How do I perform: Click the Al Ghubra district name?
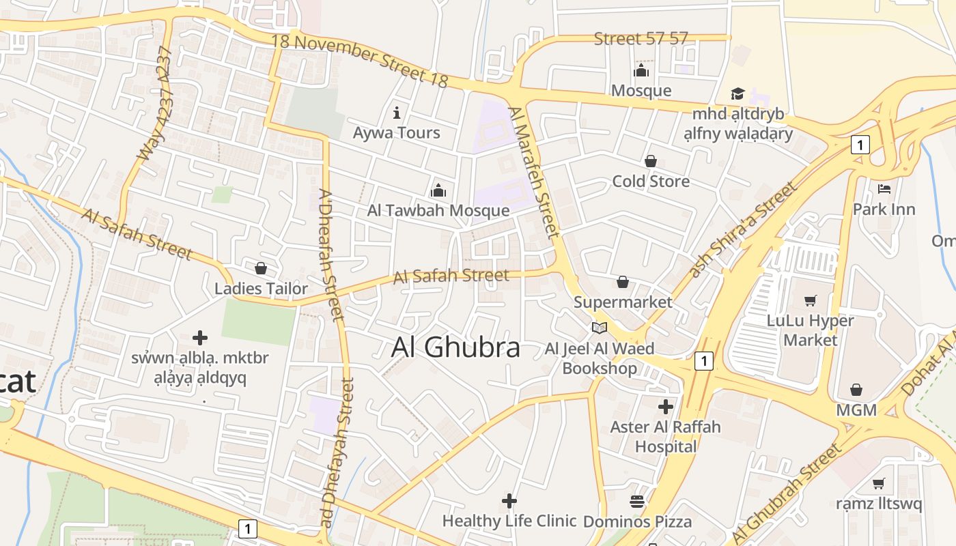455,347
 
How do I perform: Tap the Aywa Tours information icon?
397,113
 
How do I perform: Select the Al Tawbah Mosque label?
438,210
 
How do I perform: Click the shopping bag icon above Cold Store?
651,162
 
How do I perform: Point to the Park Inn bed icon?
884,189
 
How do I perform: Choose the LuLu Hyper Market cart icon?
811,300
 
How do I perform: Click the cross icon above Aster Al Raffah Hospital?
666,407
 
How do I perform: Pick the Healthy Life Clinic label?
509,521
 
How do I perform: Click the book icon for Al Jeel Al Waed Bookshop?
600,328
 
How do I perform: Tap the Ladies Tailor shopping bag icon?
261,269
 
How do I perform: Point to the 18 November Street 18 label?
360,60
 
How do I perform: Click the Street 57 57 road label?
641,39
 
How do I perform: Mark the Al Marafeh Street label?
534,172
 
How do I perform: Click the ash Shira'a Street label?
742,229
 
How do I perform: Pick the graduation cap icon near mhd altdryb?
737,94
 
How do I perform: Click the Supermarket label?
623,302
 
